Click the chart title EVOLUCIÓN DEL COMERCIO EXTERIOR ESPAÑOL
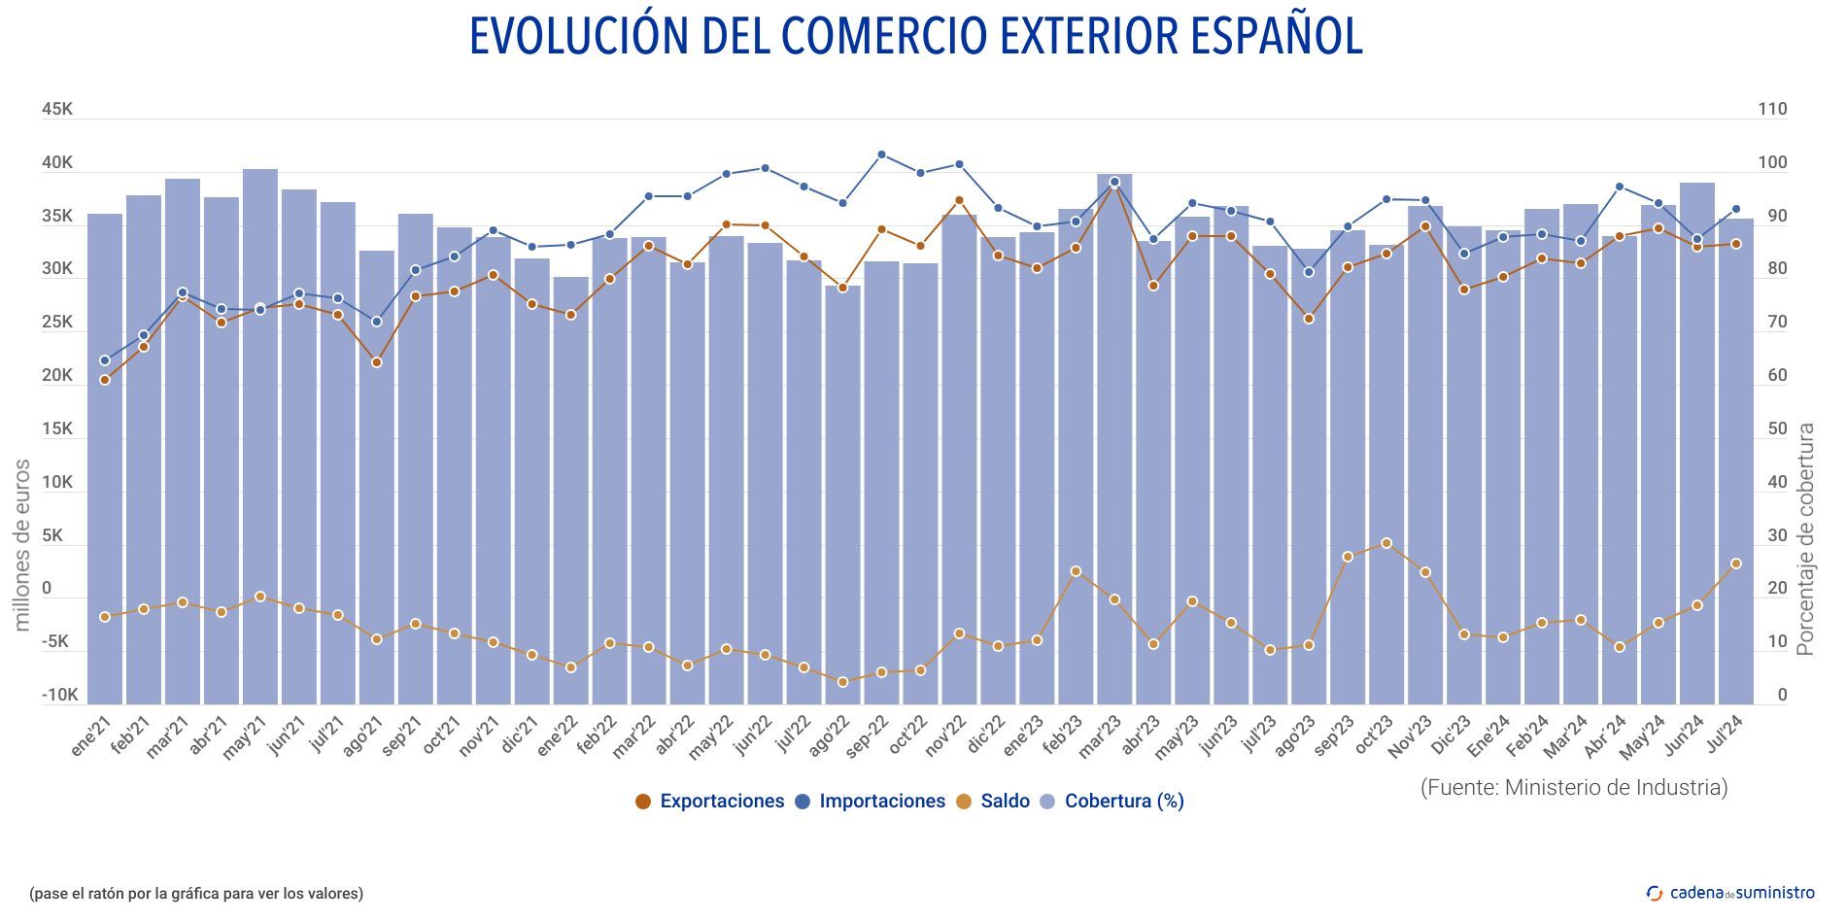click(x=916, y=37)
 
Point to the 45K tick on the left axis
click(x=56, y=110)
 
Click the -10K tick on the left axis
click(x=59, y=696)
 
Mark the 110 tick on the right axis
click(x=1772, y=110)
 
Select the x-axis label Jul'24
click(x=1726, y=735)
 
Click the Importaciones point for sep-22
click(x=881, y=154)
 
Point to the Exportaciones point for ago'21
click(x=377, y=362)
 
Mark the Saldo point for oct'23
click(x=1386, y=543)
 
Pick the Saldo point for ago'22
click(x=842, y=682)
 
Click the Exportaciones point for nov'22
click(x=959, y=201)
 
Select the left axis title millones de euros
click(x=22, y=545)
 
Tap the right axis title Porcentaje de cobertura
click(x=1805, y=539)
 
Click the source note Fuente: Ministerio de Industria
click(x=1574, y=787)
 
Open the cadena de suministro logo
click(x=1730, y=893)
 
